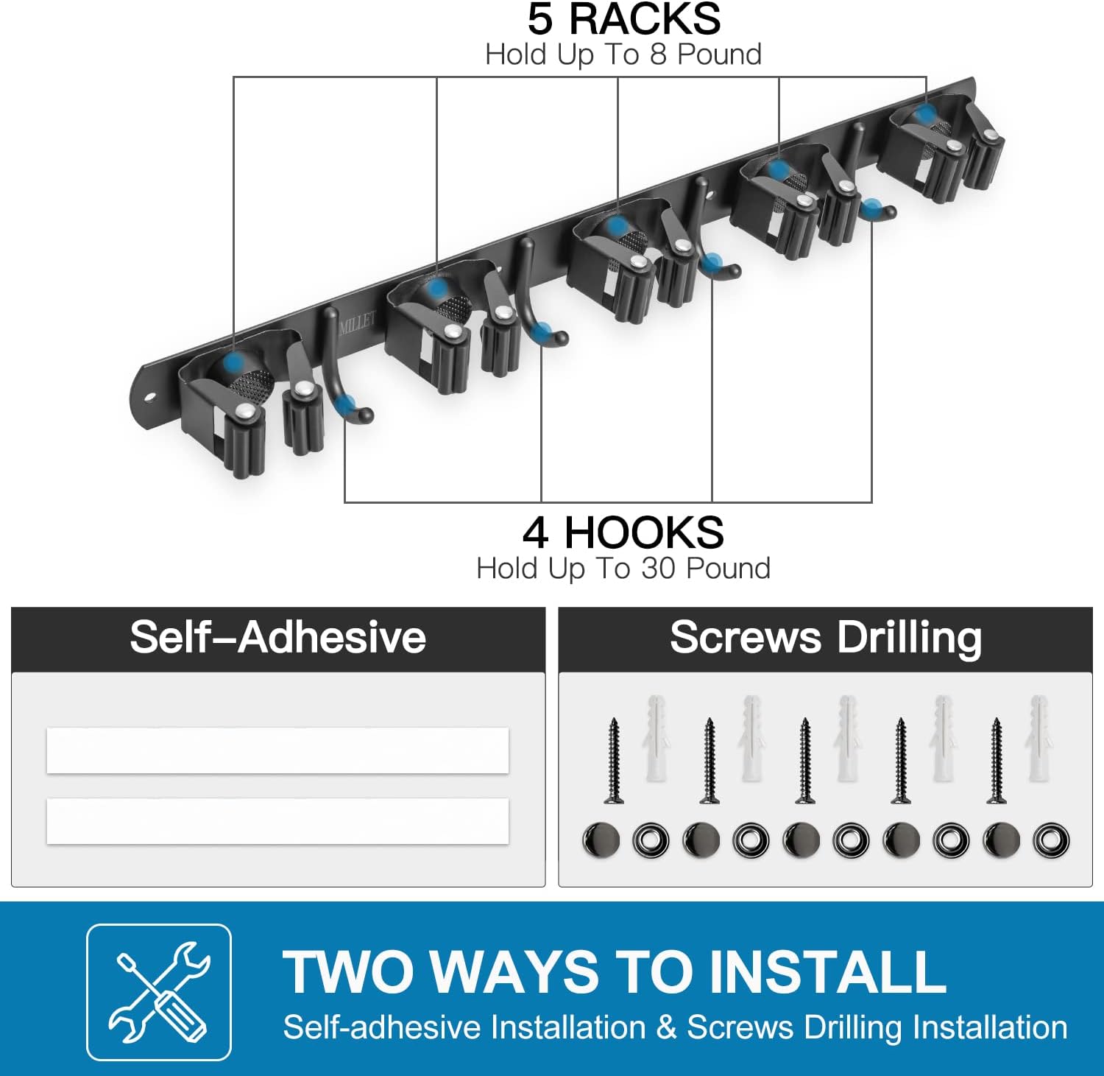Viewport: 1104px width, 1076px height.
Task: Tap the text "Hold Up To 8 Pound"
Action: pyautogui.click(x=623, y=54)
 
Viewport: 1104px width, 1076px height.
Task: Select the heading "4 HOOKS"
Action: pyautogui.click(x=623, y=532)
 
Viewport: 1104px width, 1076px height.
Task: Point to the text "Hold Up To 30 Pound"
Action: pyautogui.click(x=623, y=569)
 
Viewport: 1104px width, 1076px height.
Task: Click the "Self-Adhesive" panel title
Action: pyautogui.click(x=278, y=637)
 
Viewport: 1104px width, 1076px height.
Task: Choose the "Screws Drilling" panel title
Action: pyautogui.click(x=826, y=637)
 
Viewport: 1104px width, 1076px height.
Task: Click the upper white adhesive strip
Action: pyautogui.click(x=277, y=750)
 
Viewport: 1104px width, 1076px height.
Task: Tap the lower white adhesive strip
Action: pyautogui.click(x=277, y=821)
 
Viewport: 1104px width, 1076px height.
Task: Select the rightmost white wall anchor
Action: pyautogui.click(x=1038, y=738)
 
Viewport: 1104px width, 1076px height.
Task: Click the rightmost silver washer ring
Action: pyautogui.click(x=1050, y=840)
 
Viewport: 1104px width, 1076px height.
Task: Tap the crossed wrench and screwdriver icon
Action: pyautogui.click(x=159, y=991)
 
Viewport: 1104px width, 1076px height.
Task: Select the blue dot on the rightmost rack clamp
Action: pyautogui.click(x=926, y=113)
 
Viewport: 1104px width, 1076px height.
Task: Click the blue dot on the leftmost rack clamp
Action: pyautogui.click(x=235, y=362)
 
